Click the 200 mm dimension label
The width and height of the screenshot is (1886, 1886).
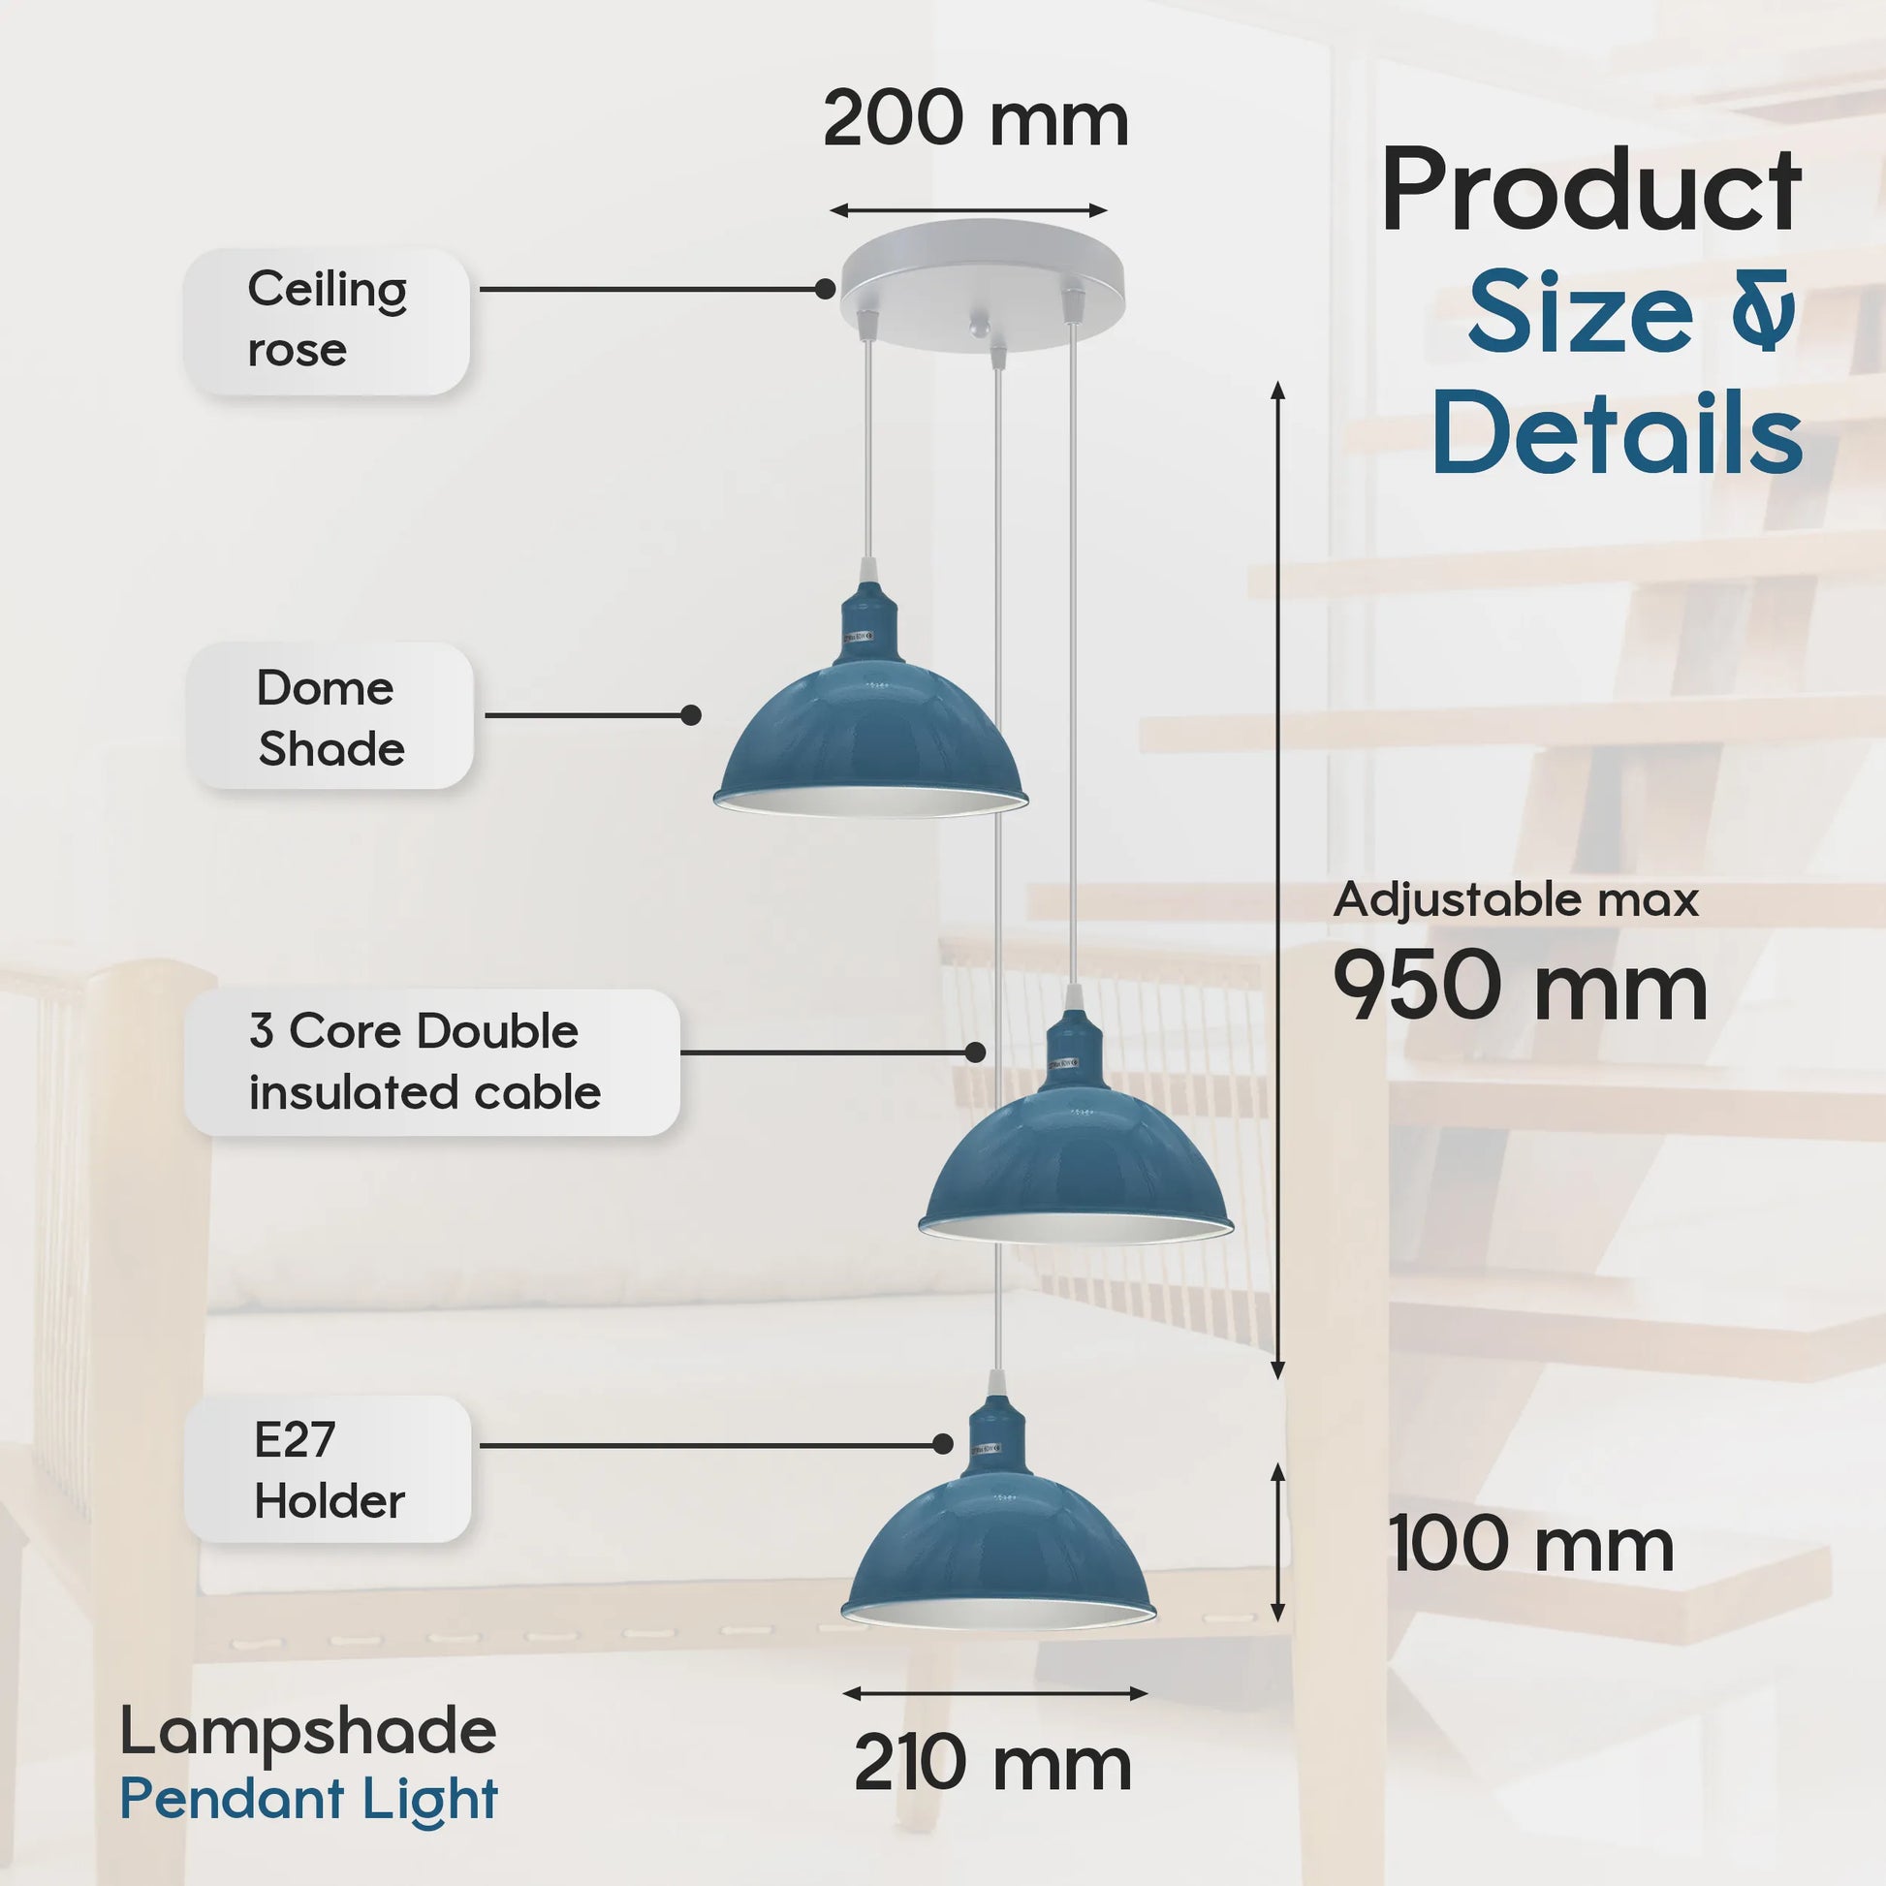tap(975, 120)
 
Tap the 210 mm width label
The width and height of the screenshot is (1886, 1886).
tap(991, 1763)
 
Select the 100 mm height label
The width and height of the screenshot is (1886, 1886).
tap(1530, 1544)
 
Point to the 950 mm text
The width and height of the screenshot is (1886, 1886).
tap(1520, 987)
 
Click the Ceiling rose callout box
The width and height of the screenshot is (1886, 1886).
tap(326, 321)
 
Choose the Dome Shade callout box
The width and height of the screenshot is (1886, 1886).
tap(330, 716)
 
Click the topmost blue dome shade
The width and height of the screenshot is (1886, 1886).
tap(870, 742)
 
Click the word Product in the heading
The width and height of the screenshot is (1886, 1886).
tap(1591, 189)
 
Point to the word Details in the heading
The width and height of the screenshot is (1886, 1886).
tap(1617, 432)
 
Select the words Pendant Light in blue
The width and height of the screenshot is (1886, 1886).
tap(308, 1798)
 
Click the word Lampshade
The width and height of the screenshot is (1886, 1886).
tap(308, 1731)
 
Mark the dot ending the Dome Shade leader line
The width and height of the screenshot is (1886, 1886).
tap(691, 715)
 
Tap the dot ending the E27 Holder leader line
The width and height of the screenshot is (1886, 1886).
tap(942, 1444)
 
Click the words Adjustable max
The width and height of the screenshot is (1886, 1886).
tap(1515, 899)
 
